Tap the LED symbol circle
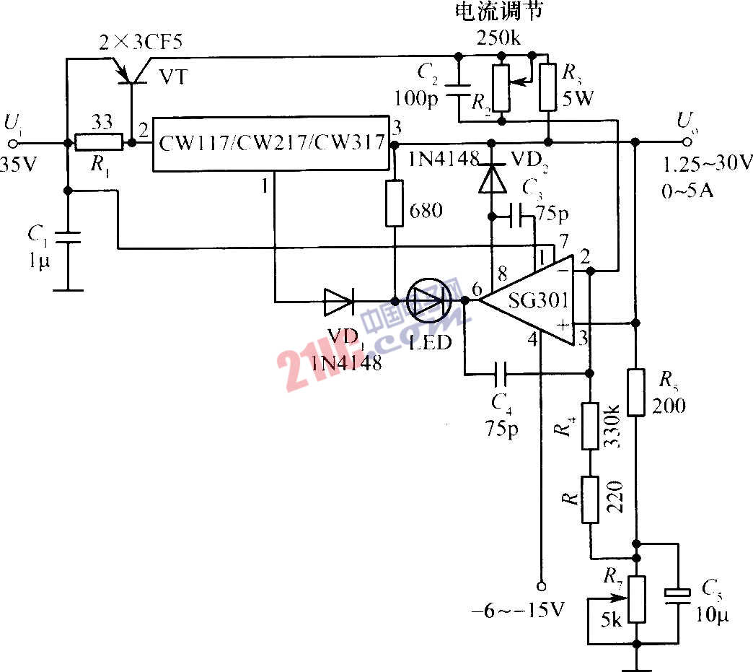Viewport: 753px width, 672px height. click(x=430, y=300)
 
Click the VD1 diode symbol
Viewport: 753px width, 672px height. click(x=338, y=300)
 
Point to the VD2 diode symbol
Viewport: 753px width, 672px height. click(x=493, y=180)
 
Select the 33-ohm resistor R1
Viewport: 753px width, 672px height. click(x=99, y=143)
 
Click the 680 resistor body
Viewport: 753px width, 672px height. click(x=395, y=203)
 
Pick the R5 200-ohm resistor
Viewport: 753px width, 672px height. click(x=635, y=392)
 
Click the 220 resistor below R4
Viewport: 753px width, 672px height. click(x=591, y=499)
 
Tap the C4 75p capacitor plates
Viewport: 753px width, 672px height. click(x=501, y=374)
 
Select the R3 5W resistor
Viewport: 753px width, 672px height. click(x=547, y=87)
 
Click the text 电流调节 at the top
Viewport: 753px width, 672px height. click(x=498, y=12)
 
